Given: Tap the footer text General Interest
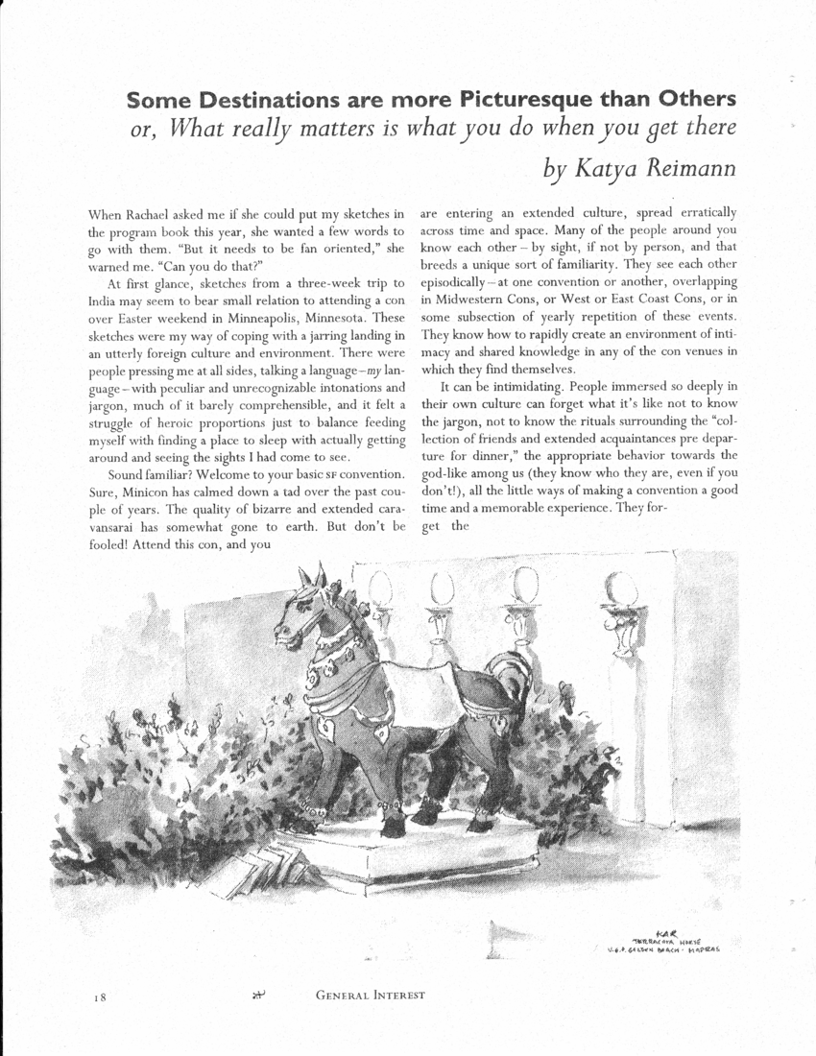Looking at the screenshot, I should [370, 996].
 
